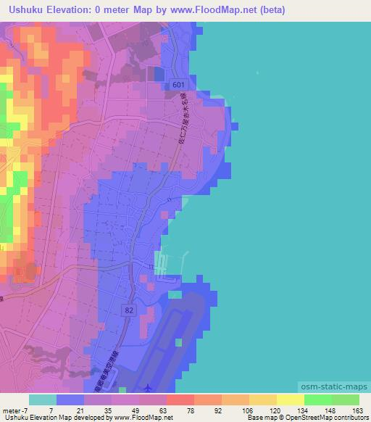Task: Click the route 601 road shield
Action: click(179, 86)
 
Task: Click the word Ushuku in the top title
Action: click(25, 10)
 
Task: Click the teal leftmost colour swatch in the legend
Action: click(43, 399)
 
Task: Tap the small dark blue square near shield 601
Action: click(159, 75)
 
